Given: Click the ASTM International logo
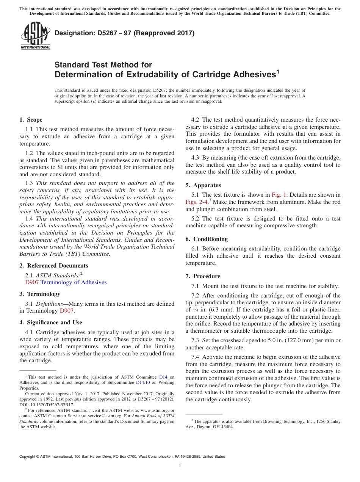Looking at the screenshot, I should click(x=35, y=36).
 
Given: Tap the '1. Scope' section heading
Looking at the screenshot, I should click(x=31, y=120).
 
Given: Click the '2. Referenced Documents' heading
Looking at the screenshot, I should click(x=53, y=266).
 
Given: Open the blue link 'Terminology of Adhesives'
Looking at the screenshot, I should click(x=74, y=282).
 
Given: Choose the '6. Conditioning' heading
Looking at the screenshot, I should click(x=207, y=239).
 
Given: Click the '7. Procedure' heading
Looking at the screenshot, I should click(x=203, y=276).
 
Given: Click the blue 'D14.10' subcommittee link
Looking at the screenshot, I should click(x=143, y=383).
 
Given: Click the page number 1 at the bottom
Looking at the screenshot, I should click(x=180, y=466).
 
